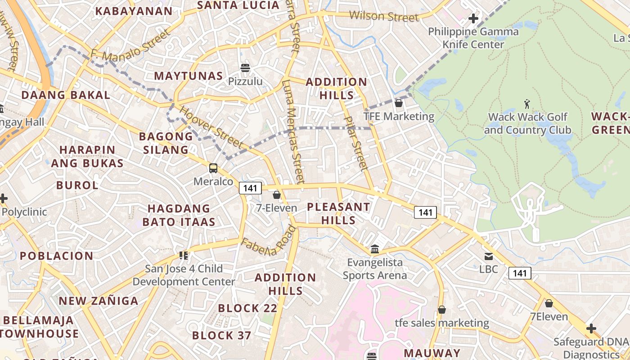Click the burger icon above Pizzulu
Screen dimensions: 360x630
pos(245,68)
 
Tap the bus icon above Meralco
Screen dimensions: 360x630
pos(213,168)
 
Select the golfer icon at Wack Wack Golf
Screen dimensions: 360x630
pos(527,104)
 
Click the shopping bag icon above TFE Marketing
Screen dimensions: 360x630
pos(398,103)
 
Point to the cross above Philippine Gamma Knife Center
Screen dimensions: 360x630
pos(473,18)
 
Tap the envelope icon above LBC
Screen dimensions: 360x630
pos(488,256)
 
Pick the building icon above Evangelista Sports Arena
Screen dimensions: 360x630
pos(374,249)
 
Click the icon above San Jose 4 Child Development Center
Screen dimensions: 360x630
pos(183,256)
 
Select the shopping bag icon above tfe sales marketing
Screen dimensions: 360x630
pos(442,310)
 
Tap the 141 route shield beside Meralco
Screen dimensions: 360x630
pos(250,188)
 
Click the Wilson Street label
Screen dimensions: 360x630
pos(384,17)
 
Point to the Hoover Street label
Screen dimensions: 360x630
pos(211,127)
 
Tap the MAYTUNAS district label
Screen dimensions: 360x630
pos(189,76)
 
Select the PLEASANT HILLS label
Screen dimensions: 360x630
pos(338,213)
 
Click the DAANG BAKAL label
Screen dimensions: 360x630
pos(66,95)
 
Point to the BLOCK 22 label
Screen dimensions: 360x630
pos(247,308)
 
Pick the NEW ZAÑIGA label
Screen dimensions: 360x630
pos(99,301)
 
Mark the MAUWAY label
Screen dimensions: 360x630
pos(432,353)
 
